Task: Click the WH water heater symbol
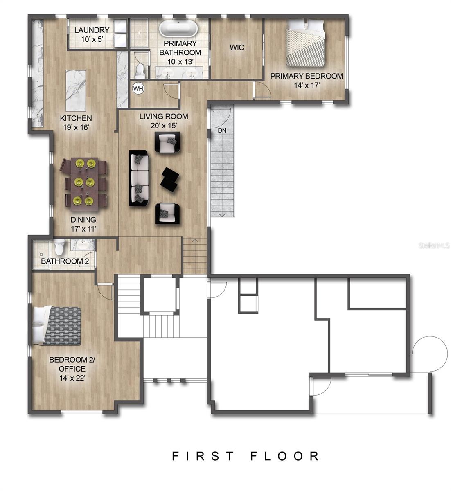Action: (x=138, y=88)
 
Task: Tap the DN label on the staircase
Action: (x=222, y=131)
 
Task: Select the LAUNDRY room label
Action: (x=92, y=30)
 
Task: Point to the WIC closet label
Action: (x=237, y=47)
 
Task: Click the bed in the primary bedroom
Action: (x=305, y=43)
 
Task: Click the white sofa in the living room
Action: (x=139, y=178)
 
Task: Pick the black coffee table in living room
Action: (x=169, y=179)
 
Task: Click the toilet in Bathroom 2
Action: (x=59, y=246)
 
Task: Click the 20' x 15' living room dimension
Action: (x=164, y=126)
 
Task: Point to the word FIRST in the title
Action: (x=203, y=456)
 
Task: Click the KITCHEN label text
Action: (x=76, y=118)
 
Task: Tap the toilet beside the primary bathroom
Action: (x=139, y=71)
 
